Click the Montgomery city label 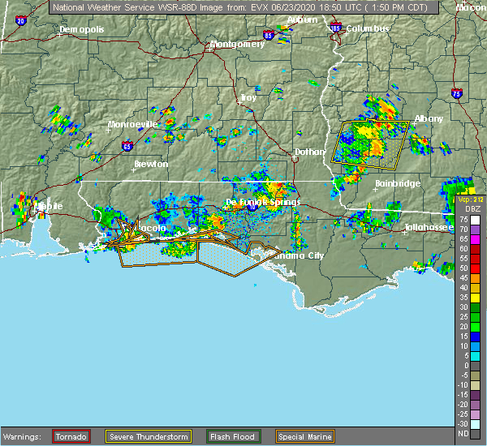[238, 44]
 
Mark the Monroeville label [133, 124]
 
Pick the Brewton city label [151, 164]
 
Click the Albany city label [429, 118]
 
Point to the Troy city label [248, 97]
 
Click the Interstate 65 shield [127, 147]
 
